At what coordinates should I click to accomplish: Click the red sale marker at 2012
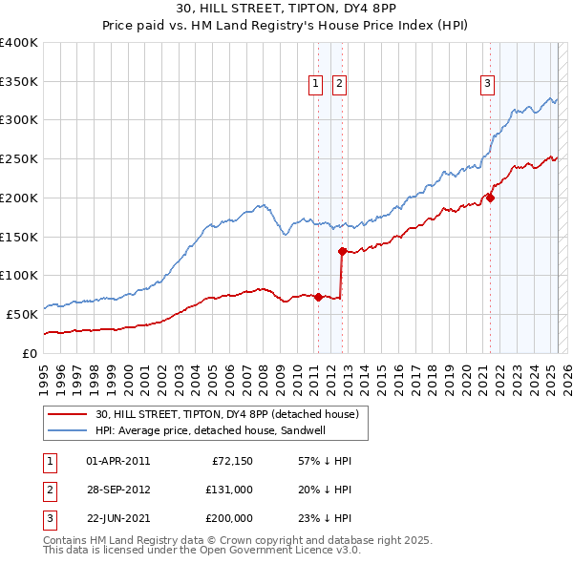pos(342,251)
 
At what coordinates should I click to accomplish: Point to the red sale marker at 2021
pos(490,198)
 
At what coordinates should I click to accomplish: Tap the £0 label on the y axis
pos(29,353)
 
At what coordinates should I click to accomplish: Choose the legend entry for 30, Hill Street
pos(226,414)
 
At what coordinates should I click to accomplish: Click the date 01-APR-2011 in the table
pos(117,461)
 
